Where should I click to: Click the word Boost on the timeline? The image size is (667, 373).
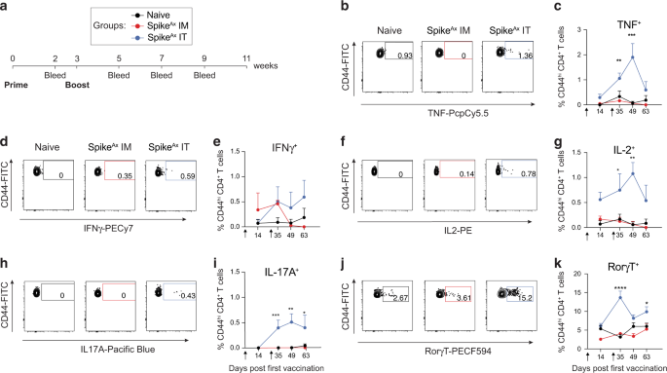[76, 85]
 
